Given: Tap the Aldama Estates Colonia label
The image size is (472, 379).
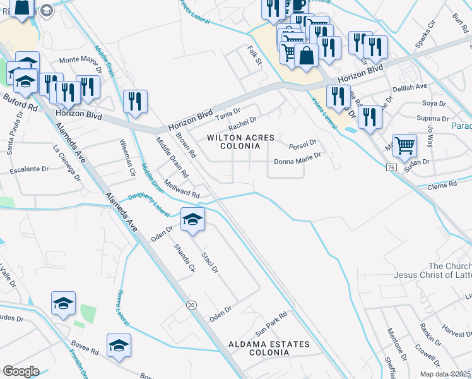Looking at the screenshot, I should tap(269, 349).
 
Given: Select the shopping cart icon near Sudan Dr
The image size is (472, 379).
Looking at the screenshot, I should tap(404, 146).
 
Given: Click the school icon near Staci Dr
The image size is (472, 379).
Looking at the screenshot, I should tap(193, 219).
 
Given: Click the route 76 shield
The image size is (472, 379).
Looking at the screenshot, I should tap(391, 166).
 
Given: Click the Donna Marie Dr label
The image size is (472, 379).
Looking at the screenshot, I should tap(298, 162).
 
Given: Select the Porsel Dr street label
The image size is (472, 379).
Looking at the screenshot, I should tap(302, 145).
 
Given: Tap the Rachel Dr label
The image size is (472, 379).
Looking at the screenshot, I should tap(242, 121).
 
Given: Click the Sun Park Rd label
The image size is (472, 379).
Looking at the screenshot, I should tap(271, 323).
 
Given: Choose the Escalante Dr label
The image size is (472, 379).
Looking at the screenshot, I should tap(30, 171).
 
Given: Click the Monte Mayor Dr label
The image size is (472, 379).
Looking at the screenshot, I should tap(80, 61).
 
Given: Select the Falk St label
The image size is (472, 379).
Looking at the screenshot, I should tap(254, 56).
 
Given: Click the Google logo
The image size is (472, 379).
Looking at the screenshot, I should tap(21, 371).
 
